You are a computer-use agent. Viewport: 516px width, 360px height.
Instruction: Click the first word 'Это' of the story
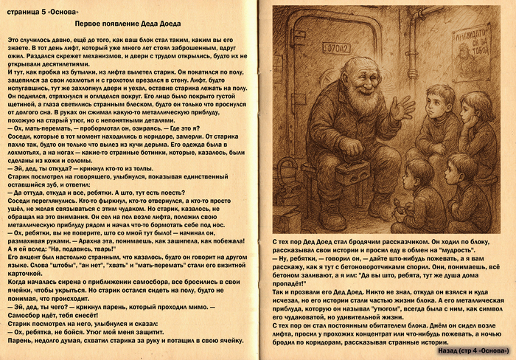pos(14,38)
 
